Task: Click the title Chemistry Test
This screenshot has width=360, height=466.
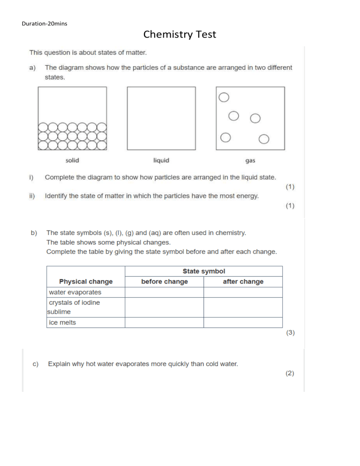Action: coord(180,34)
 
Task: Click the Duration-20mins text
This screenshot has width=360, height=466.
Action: coord(45,23)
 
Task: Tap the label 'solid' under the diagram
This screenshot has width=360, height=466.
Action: coord(72,160)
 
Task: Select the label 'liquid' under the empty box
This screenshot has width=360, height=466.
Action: coord(161,160)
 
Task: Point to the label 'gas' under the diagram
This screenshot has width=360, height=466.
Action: coord(250,161)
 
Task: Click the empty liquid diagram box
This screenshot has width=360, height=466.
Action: coord(161,119)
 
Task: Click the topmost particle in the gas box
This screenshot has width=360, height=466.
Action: coord(224,97)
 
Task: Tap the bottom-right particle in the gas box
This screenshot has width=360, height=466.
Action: coord(263,139)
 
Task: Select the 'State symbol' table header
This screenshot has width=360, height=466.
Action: coord(203,271)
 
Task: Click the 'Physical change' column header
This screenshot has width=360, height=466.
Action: coord(86,282)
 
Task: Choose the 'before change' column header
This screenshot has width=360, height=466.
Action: coord(165,282)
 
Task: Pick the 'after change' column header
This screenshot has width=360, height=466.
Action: coord(243,282)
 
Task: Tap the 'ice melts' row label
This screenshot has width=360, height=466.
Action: coord(62,323)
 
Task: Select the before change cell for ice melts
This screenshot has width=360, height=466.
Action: coord(165,323)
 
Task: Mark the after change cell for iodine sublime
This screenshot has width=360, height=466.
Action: coord(243,308)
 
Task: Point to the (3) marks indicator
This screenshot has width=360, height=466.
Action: coord(290,333)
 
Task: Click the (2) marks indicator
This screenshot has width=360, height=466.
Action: coord(290,374)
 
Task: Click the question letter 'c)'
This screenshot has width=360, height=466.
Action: coord(34,364)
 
